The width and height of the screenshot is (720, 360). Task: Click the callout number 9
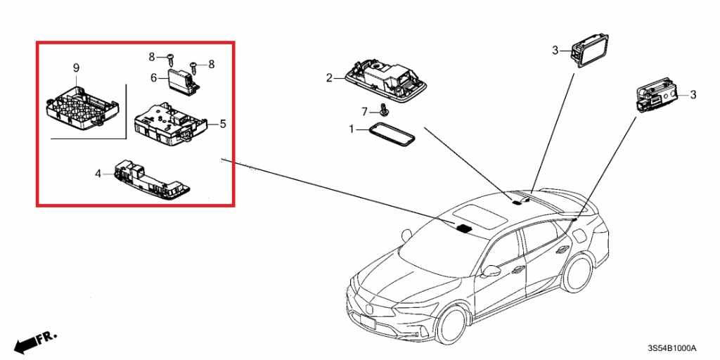(x=76, y=68)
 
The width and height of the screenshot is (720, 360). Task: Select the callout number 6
(x=154, y=78)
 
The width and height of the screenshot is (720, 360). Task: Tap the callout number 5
(x=223, y=124)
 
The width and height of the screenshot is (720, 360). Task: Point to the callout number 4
(x=98, y=174)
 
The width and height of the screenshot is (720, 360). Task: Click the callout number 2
(x=329, y=78)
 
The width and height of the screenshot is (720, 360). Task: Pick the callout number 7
(x=365, y=112)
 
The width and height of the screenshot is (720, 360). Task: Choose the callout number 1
(x=352, y=130)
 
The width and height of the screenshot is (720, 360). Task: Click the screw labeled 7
(x=383, y=109)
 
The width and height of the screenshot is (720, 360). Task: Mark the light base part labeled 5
(x=170, y=123)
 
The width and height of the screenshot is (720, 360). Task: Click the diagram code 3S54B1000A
(x=671, y=348)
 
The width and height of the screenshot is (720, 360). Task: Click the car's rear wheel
(x=577, y=274)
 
